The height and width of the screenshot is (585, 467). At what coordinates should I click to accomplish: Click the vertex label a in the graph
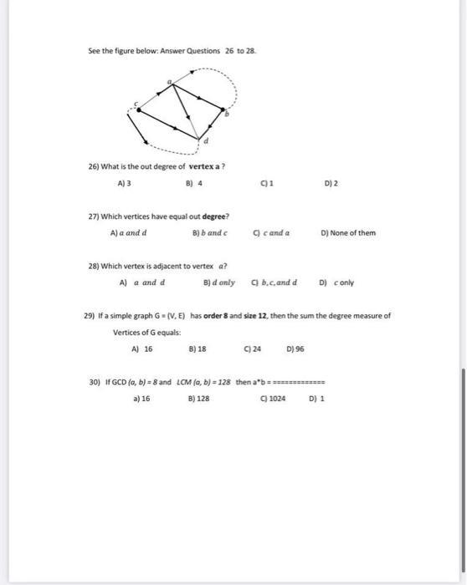tap(169, 80)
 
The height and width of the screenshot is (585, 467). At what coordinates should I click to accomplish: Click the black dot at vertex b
tap(223, 109)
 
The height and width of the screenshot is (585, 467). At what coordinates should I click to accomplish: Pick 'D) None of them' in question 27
tap(348, 233)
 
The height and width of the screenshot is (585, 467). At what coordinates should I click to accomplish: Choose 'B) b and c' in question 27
tap(209, 233)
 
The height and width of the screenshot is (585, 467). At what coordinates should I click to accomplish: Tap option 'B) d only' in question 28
tap(219, 282)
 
